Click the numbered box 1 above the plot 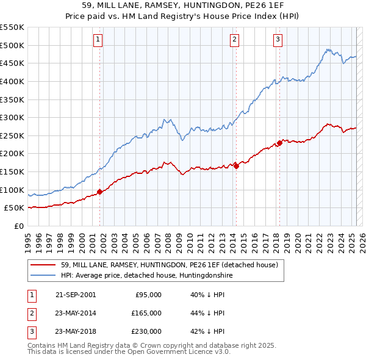[98, 40]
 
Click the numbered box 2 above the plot [234, 40]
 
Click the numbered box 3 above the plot [278, 40]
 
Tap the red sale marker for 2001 [99, 192]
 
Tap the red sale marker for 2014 [236, 166]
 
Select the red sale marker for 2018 [279, 143]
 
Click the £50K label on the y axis [15, 208]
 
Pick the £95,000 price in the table [148, 295]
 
